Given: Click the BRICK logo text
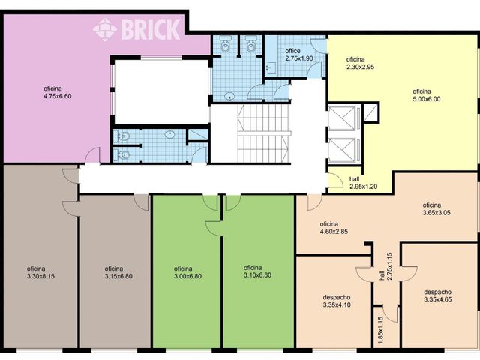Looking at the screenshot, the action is (150, 29).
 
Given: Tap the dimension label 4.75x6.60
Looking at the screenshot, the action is (58, 96).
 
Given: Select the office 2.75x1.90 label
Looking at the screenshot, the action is (299, 55).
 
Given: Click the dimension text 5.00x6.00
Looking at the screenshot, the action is (427, 99).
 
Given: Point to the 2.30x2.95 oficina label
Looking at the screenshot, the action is (360, 63).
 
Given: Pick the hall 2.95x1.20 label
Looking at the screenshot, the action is (363, 183).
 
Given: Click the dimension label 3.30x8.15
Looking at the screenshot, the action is (40, 276).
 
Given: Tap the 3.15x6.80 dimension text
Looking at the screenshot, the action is (118, 276).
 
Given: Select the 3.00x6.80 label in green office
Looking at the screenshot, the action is (187, 276).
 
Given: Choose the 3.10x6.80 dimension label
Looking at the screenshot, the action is (257, 275).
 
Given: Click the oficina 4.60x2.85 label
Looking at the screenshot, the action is (334, 228).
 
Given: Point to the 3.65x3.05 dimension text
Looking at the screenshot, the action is (436, 213).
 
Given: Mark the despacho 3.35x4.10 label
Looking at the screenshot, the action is (337, 301).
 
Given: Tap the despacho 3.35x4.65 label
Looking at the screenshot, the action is (438, 295).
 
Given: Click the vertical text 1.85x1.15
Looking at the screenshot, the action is (380, 330).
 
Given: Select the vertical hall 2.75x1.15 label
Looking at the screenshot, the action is (385, 266).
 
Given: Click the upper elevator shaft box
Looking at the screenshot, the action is (343, 118).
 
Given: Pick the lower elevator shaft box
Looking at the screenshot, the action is (343, 150).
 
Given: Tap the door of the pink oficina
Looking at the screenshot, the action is (92, 155).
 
